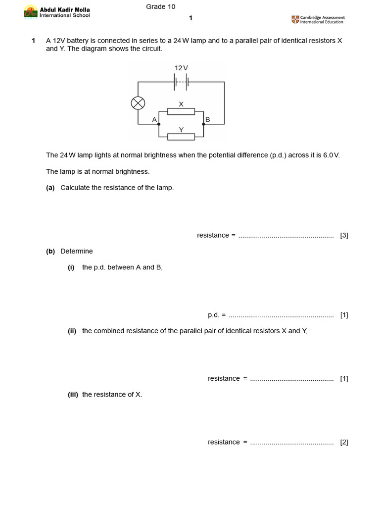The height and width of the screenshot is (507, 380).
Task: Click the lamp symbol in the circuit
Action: (x=138, y=103)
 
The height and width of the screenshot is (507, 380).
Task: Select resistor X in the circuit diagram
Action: (x=181, y=111)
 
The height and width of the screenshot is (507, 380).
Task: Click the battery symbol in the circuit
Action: (x=181, y=82)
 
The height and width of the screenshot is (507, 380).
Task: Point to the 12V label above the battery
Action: (x=181, y=68)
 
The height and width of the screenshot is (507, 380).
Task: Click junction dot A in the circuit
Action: (x=159, y=124)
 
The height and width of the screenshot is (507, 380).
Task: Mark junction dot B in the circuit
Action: (x=204, y=124)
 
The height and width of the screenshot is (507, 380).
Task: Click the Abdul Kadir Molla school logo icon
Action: (x=31, y=11)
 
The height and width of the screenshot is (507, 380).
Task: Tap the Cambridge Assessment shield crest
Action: (x=295, y=20)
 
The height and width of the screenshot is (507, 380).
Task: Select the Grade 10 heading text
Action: (x=160, y=6)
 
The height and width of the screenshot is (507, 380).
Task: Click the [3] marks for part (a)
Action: (x=344, y=235)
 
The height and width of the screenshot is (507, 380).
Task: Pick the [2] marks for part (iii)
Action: (x=344, y=442)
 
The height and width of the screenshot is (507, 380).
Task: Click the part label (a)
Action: (x=50, y=188)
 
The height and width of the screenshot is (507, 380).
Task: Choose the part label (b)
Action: (x=50, y=251)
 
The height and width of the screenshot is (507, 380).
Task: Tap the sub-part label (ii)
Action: (x=72, y=331)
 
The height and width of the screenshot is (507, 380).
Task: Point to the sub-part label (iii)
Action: (x=73, y=395)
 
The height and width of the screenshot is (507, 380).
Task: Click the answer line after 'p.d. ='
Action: (x=282, y=315)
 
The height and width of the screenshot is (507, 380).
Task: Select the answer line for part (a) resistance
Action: (x=286, y=236)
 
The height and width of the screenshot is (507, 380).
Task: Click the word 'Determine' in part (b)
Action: (x=77, y=251)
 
